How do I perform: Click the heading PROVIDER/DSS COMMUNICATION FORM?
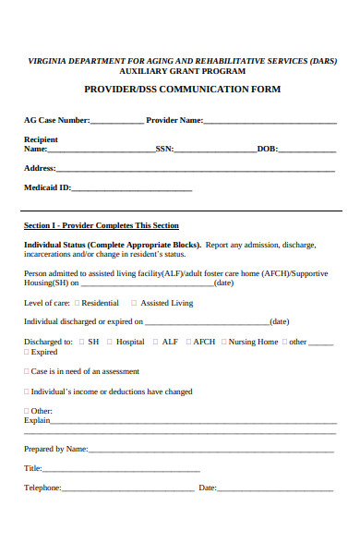click(182, 90)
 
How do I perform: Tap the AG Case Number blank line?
click(117, 121)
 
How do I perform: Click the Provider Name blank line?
click(270, 121)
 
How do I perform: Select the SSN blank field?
click(215, 150)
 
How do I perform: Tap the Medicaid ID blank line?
click(132, 189)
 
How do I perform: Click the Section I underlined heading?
click(101, 226)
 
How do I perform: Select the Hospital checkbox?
click(110, 342)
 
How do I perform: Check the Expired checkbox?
click(26, 352)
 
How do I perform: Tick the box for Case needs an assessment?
click(26, 371)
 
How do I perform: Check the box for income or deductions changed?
click(26, 391)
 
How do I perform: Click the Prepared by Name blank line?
click(212, 450)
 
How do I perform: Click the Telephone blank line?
click(127, 489)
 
